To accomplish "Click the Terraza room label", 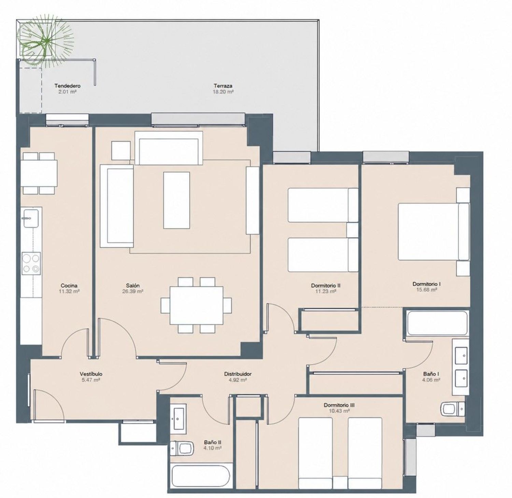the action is [223, 86].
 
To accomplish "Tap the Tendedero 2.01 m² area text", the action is [67, 92].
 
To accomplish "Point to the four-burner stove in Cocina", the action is [31, 263].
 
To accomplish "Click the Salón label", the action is [132, 286].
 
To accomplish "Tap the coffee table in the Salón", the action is [176, 200].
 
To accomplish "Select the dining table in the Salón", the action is [196, 305].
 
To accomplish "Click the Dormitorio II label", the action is [326, 285].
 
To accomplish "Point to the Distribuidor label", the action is [238, 374].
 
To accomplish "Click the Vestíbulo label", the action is [91, 374].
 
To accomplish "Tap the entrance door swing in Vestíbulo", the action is [49, 405].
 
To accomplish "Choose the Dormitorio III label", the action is [339, 405].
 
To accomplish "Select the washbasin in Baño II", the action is [178, 417].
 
